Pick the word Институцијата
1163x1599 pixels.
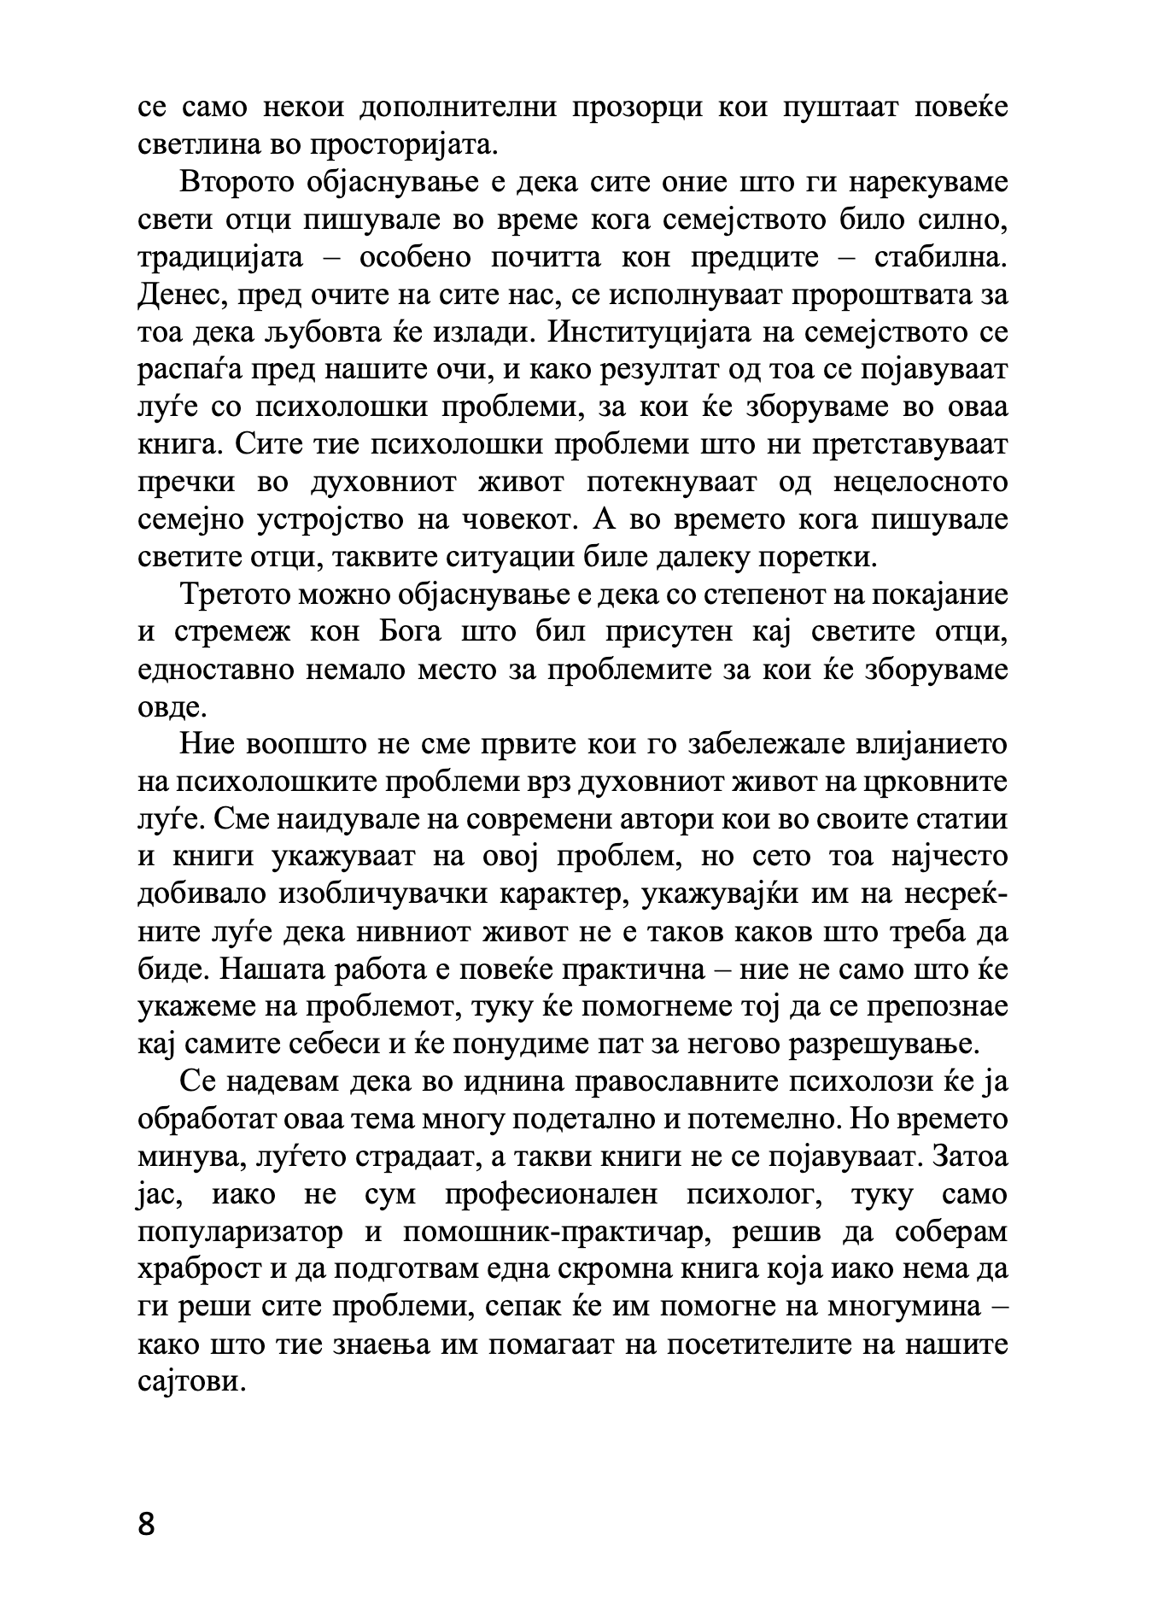667,332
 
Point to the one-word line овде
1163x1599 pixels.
171,707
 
